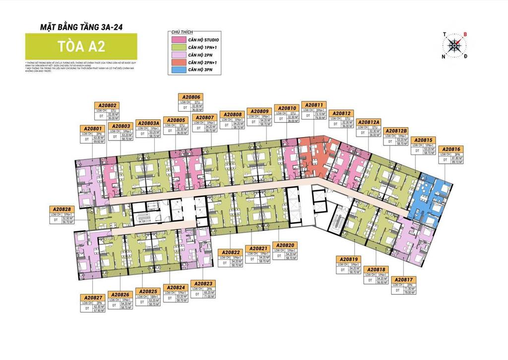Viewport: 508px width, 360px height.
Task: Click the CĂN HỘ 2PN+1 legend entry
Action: click(x=198, y=63)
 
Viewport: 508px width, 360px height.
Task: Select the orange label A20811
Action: click(x=315, y=105)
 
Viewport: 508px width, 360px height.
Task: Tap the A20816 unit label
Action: click(x=451, y=149)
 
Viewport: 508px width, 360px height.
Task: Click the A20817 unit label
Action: click(x=405, y=280)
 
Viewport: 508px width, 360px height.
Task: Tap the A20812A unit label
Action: click(x=369, y=122)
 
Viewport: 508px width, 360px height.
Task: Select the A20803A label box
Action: click(x=149, y=123)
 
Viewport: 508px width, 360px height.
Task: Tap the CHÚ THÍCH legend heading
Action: click(x=184, y=31)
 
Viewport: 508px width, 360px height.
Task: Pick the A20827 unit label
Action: click(x=92, y=297)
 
